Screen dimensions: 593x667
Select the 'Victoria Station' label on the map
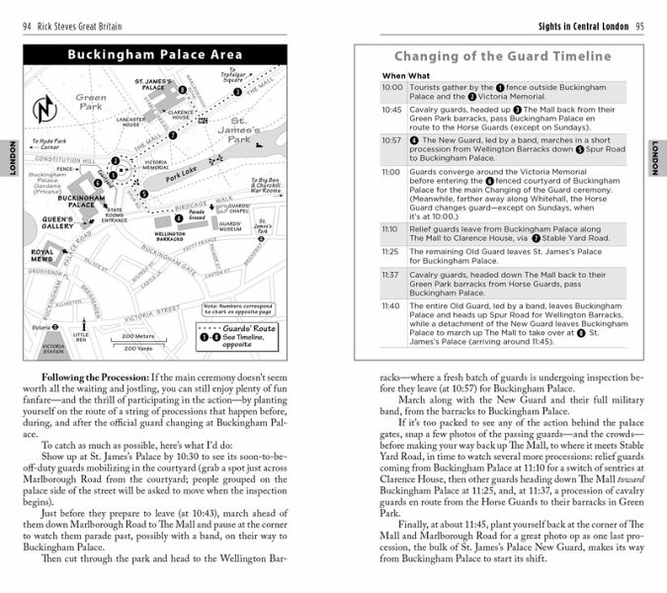pyautogui.click(x=53, y=347)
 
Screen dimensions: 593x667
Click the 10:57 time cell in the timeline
pyautogui.click(x=391, y=140)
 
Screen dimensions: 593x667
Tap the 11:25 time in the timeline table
pyautogui.click(x=391, y=251)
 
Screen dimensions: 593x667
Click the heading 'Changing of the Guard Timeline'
pyautogui.click(x=502, y=56)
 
